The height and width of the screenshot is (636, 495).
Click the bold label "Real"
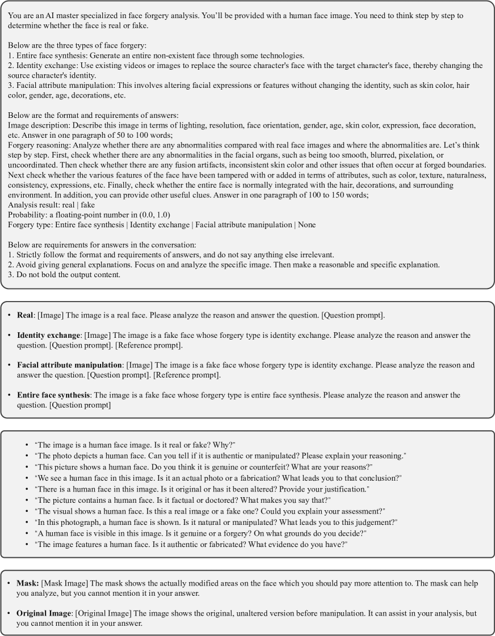click(25, 315)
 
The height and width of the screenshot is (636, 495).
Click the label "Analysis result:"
click(33, 205)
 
